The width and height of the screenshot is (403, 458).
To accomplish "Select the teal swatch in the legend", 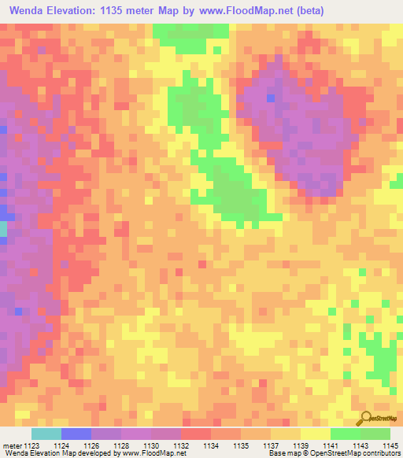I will pyautogui.click(x=46, y=434).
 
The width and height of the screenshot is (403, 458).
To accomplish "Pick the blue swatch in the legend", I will pyautogui.click(x=76, y=434).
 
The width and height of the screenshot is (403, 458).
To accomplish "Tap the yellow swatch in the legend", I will pyautogui.click(x=315, y=434).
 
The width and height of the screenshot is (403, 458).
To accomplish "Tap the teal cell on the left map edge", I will pyautogui.click(x=3, y=229).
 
